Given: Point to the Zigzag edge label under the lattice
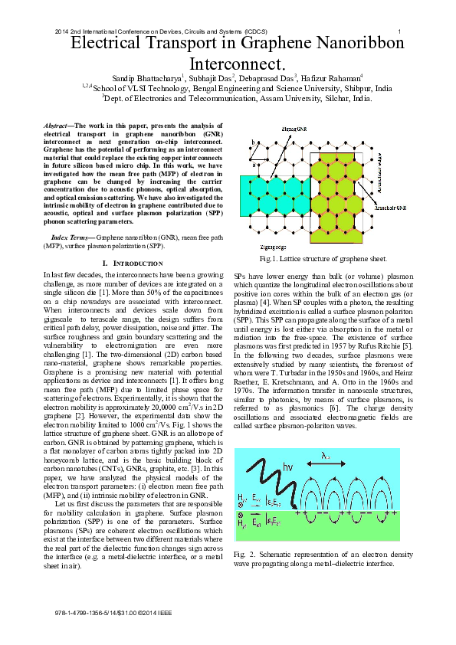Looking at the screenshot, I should [272, 247].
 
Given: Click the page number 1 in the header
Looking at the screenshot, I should [400, 31].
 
